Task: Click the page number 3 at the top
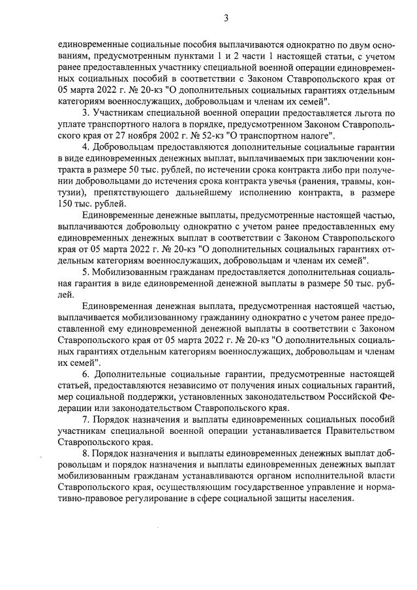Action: click(x=225, y=18)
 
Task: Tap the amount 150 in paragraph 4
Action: click(x=65, y=204)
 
